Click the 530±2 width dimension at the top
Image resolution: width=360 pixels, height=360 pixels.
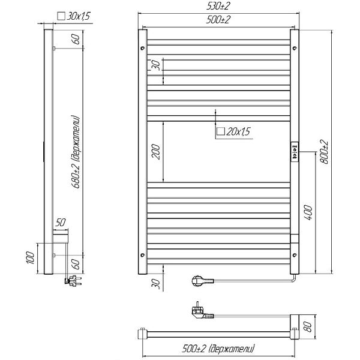tap(218, 6)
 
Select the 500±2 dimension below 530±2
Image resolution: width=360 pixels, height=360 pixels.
tap(218, 20)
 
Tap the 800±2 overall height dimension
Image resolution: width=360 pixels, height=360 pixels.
tap(325, 152)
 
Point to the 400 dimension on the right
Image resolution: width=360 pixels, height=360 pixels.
tap(309, 213)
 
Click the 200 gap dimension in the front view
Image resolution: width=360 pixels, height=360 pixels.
tap(156, 152)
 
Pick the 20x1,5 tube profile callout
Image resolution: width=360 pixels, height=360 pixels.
tap(233, 131)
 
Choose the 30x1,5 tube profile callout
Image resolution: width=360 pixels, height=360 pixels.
tap(74, 16)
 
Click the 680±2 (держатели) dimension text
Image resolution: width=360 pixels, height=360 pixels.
tap(76, 152)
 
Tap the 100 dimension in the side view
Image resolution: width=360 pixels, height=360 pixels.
tap(31, 257)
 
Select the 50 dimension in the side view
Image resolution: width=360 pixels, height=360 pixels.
tap(61, 222)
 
